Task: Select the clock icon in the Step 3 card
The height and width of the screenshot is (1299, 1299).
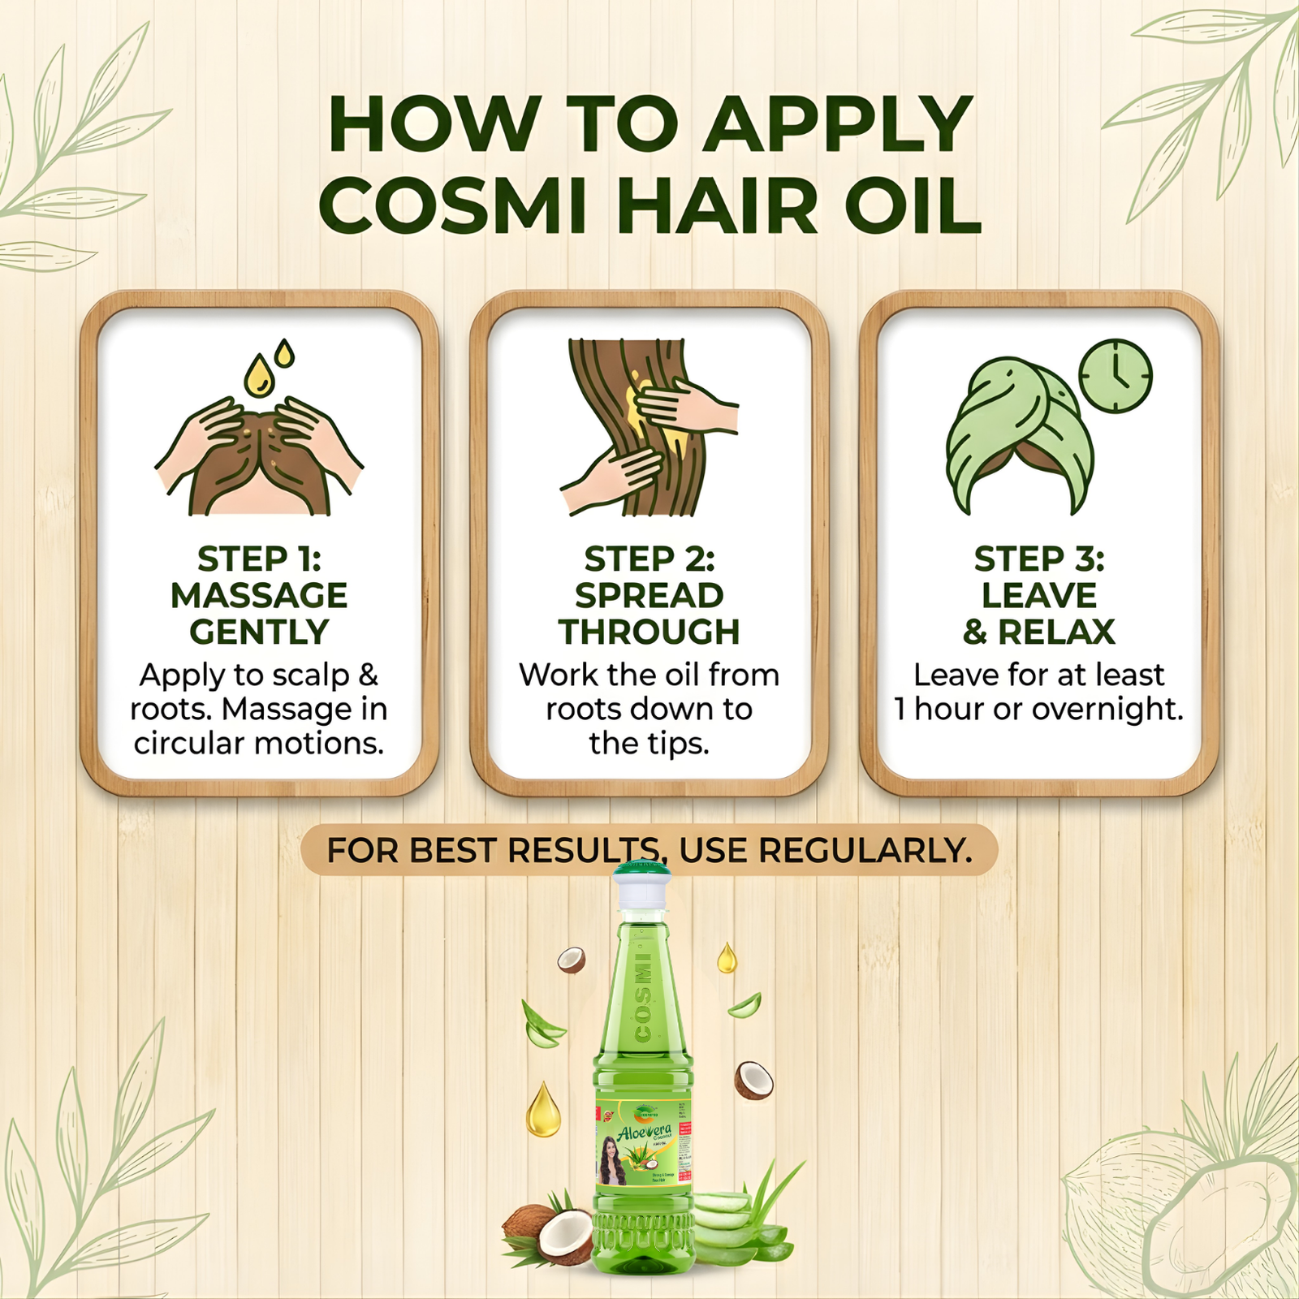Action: click(x=1116, y=376)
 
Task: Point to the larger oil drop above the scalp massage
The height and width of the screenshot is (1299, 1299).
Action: click(x=259, y=378)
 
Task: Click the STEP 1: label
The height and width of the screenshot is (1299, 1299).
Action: click(x=259, y=559)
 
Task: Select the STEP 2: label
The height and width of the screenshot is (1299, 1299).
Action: click(x=649, y=559)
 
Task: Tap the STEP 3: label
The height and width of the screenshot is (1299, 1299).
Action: click(x=1039, y=559)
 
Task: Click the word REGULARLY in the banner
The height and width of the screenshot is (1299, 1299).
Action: click(x=865, y=851)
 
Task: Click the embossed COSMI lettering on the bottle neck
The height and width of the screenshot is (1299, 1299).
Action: click(x=644, y=999)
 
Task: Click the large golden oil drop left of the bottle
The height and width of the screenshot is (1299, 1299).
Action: click(x=542, y=1110)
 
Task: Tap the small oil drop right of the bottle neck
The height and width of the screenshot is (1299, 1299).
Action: click(x=727, y=959)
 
